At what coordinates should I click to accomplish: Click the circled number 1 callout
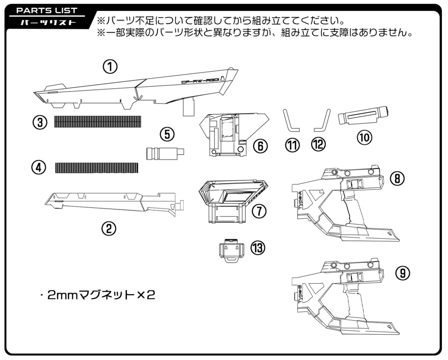[x=111, y=67]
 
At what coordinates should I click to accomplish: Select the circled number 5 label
[x=167, y=134]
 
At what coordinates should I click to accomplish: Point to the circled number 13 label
[x=258, y=248]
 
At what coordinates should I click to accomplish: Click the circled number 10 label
[x=364, y=137]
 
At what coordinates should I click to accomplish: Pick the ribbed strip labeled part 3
[x=98, y=121]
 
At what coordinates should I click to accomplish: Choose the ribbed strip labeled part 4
[x=97, y=168]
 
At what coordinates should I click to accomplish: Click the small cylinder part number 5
[x=164, y=153]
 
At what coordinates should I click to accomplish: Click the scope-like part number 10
[x=363, y=116]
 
